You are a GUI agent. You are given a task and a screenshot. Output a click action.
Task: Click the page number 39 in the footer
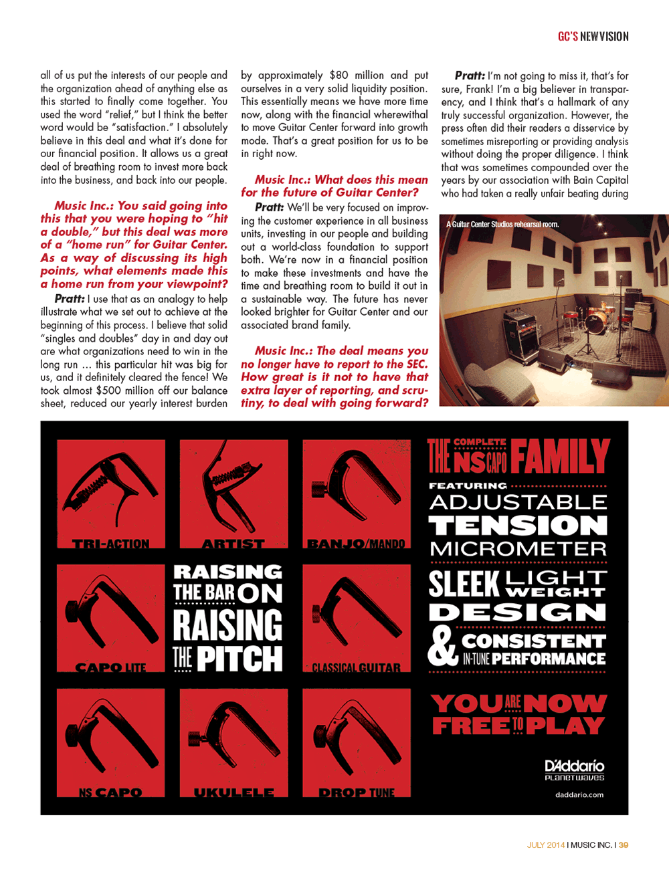[x=624, y=845]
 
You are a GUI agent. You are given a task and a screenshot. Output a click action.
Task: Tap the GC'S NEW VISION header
[x=593, y=36]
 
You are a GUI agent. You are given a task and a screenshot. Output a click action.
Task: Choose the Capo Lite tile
[x=111, y=618]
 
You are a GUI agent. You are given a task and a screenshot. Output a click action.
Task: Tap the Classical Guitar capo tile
[x=357, y=618]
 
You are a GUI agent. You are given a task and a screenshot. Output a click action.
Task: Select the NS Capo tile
[x=111, y=742]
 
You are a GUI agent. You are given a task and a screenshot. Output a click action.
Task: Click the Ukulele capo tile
[x=233, y=742]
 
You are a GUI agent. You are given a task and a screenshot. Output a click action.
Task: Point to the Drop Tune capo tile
[x=357, y=742]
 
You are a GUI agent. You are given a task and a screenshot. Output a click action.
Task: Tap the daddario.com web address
[x=579, y=794]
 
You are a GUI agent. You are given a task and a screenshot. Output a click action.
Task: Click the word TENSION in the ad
[x=518, y=526]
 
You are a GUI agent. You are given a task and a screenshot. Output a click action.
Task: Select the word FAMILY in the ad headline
[x=560, y=456]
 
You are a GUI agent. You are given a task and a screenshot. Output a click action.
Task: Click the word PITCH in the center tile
[x=240, y=658]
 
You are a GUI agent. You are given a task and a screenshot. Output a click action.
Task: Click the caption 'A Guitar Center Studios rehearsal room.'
[x=502, y=224]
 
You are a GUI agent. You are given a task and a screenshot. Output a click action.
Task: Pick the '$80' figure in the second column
[x=339, y=76]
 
